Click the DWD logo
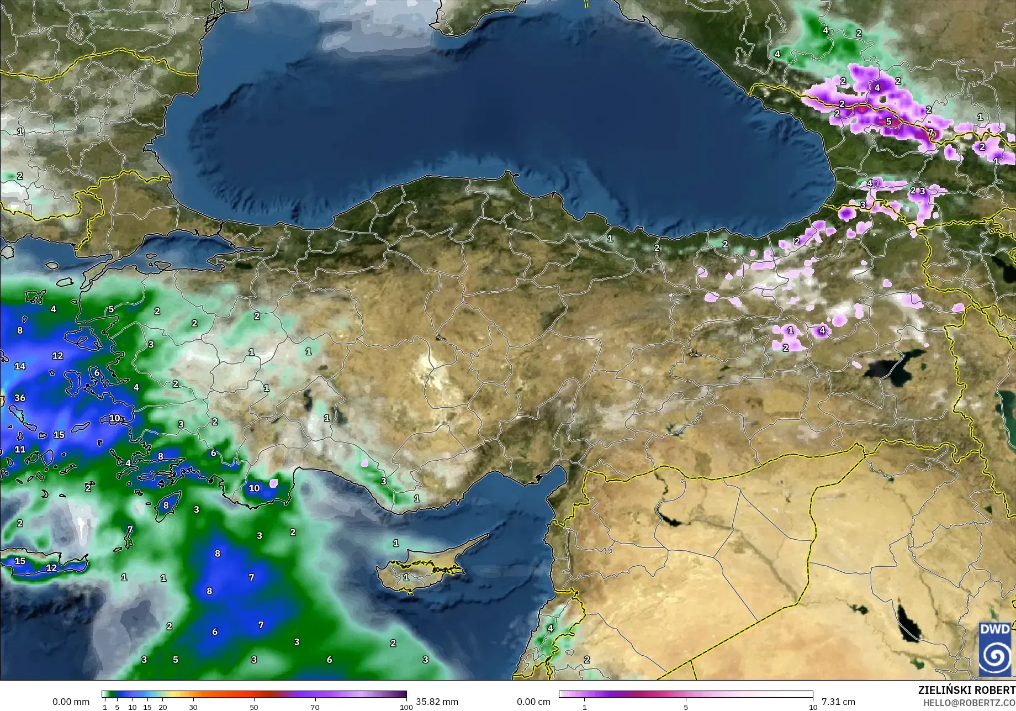[x=995, y=649]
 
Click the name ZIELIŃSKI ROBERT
[x=966, y=691]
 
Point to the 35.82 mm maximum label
[x=437, y=702]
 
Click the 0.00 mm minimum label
[x=71, y=702]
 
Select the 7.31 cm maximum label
[x=838, y=702]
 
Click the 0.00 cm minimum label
[x=534, y=702]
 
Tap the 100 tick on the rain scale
[x=406, y=707]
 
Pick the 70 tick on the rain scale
[x=315, y=707]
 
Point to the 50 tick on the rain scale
[x=254, y=707]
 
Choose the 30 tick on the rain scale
[x=193, y=707]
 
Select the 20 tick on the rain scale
[x=162, y=707]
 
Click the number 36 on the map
[x=20, y=398]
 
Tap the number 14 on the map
[x=20, y=366]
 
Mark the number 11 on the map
[x=20, y=449]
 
